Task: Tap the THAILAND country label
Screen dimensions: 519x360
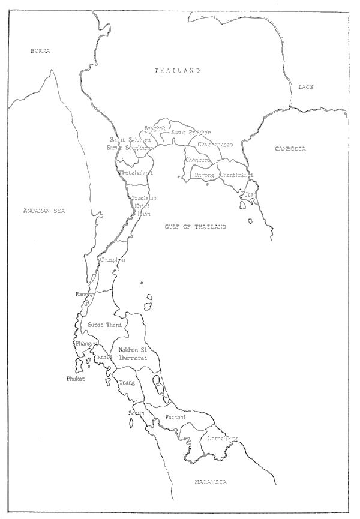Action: [177, 71]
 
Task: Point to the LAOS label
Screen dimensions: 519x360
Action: [306, 87]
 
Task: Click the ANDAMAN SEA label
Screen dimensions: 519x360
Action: [43, 211]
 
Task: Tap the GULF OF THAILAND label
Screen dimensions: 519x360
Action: [196, 226]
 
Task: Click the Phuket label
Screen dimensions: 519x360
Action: [76, 379]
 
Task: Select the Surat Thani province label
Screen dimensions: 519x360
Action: [105, 325]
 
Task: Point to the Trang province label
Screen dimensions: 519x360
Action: [126, 382]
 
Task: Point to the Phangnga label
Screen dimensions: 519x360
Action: [83, 343]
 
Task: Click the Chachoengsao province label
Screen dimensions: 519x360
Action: [215, 145]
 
